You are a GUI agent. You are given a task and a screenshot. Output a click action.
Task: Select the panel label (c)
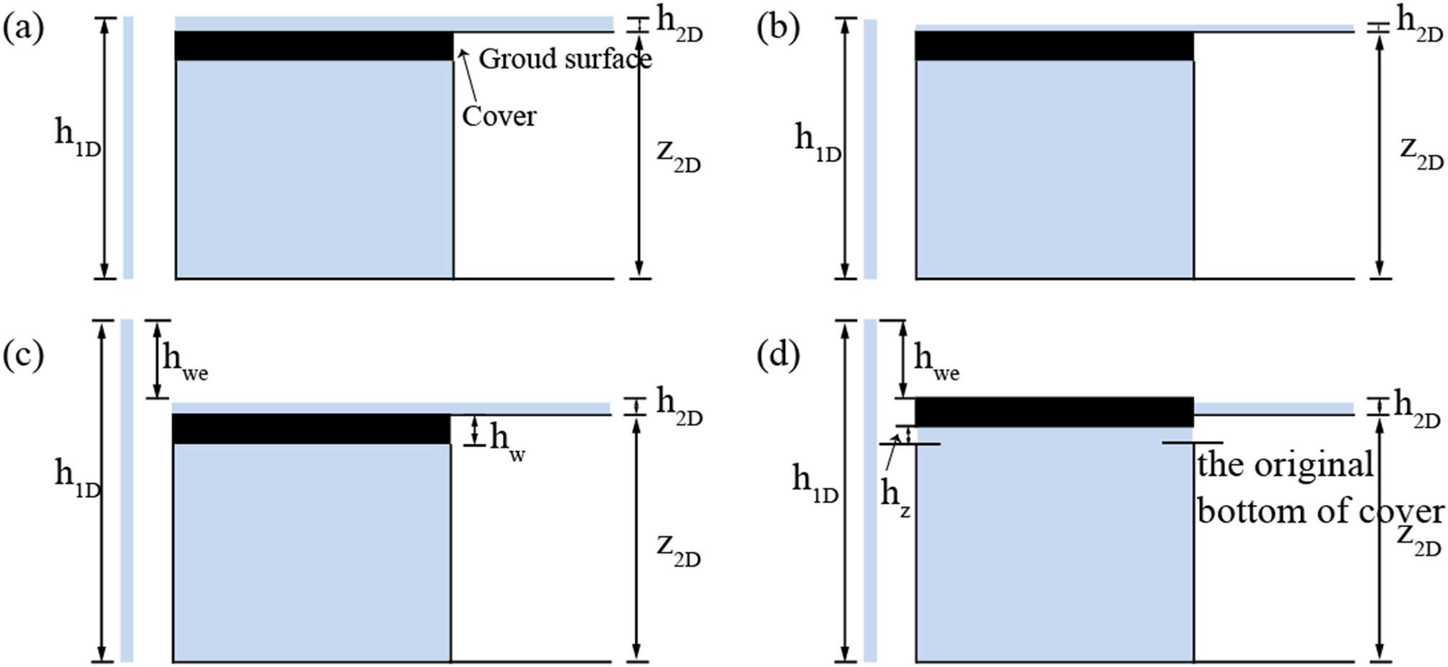[24, 354]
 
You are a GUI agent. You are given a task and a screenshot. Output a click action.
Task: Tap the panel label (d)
[778, 354]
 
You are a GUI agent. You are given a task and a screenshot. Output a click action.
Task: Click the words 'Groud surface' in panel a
[565, 58]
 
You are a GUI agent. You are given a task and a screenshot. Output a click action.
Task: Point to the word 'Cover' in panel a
[499, 115]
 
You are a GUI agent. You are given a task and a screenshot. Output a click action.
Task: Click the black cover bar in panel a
[314, 45]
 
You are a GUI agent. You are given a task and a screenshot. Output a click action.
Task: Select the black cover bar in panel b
[1054, 45]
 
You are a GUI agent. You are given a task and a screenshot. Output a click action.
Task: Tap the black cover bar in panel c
[311, 429]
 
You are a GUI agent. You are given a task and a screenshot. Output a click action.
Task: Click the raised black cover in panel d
[1054, 412]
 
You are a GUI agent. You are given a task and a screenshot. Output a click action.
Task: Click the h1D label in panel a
[77, 137]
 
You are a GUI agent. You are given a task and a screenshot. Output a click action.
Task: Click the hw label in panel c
[506, 441]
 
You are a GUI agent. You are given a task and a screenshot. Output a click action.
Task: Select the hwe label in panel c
[185, 361]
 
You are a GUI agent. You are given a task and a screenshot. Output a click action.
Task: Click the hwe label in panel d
[936, 361]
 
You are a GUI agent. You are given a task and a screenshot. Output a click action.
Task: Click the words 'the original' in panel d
[1285, 465]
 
